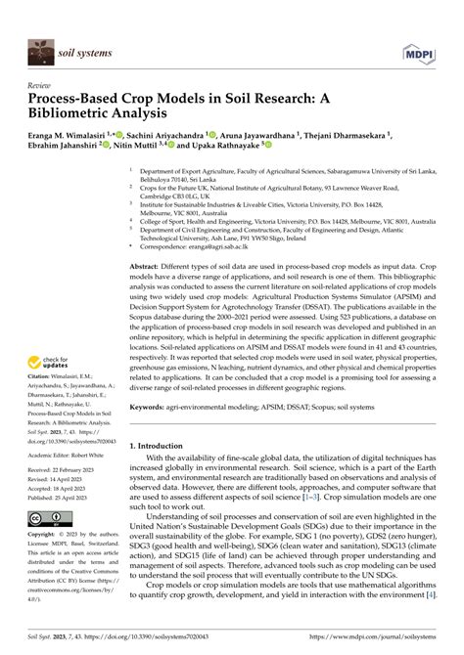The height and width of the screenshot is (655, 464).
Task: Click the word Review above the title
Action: [x=39, y=85]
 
